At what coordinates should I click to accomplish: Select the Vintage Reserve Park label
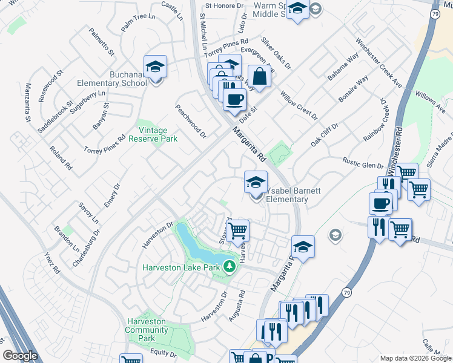(x=153, y=134)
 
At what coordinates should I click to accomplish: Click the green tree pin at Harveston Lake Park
(x=229, y=267)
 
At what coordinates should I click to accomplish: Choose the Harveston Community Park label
(x=148, y=330)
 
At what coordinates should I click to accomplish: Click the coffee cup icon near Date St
(x=234, y=99)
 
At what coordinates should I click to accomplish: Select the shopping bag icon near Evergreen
(x=259, y=77)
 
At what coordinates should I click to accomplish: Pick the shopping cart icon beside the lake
(x=238, y=230)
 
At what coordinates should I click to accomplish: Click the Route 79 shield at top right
(x=434, y=13)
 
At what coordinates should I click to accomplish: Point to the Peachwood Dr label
(x=191, y=120)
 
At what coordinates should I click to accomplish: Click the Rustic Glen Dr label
(x=363, y=163)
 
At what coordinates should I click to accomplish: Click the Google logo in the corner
(x=21, y=356)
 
